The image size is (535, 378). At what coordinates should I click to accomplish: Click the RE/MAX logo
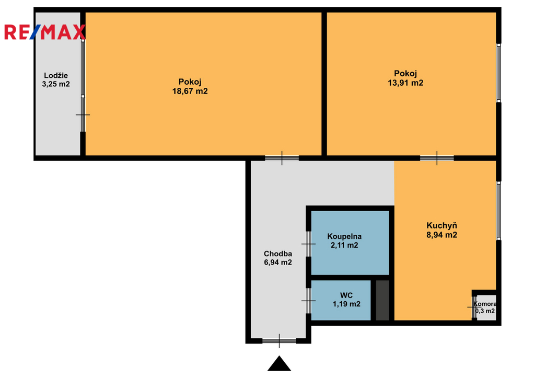pos(45,32)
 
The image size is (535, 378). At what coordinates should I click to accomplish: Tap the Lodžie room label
pos(56,75)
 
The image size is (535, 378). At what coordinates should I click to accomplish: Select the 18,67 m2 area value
pos(190,91)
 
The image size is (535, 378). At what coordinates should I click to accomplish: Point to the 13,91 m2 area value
pos(405,83)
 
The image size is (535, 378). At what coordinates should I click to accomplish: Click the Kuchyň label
pos(441,225)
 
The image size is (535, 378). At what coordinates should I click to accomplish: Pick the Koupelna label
pos(344,236)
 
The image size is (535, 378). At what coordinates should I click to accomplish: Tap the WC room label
pos(346,295)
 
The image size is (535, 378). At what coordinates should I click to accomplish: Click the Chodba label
pos(278,254)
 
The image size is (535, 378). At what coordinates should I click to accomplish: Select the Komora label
pos(485,304)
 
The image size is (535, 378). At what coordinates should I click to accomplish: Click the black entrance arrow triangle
pos(279,364)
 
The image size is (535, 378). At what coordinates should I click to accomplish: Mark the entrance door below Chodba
pos(279,341)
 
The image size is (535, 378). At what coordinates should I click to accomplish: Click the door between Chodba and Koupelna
pos(308,244)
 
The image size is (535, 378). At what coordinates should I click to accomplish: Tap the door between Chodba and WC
pos(308,301)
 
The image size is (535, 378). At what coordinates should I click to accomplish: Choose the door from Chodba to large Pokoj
pos(282,158)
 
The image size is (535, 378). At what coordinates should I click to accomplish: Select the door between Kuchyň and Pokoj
pos(437,158)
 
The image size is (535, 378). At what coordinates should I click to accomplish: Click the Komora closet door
pos(474,307)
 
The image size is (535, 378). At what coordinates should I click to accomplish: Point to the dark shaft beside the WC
pos(382,301)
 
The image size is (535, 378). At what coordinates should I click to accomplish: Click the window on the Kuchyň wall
pos(498,211)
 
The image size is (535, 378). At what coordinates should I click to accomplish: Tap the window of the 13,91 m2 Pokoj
pos(498,73)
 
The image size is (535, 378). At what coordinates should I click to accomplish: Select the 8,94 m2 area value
pos(442,235)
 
